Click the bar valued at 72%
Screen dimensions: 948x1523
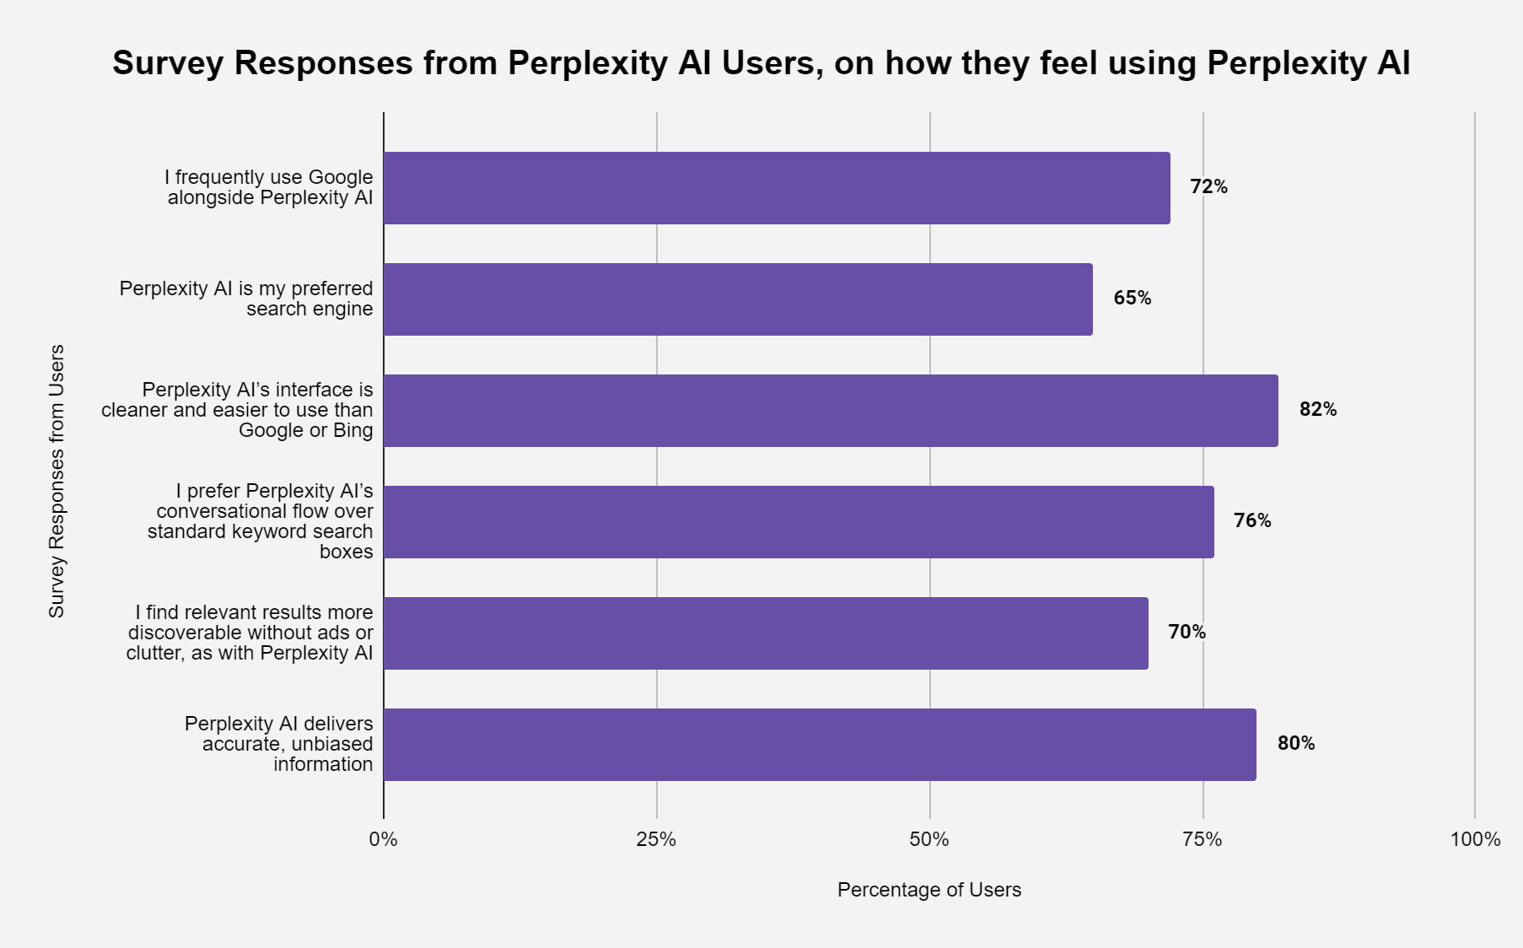776,188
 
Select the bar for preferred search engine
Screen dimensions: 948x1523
738,299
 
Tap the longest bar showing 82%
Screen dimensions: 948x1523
831,411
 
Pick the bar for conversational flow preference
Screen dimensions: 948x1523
799,522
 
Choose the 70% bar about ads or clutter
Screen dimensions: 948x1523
766,633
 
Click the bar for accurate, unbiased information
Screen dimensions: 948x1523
820,745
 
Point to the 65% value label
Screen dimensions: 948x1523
1132,299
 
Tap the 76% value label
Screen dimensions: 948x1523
1251,521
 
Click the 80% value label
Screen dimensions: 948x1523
1295,744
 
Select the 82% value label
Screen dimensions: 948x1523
1317,410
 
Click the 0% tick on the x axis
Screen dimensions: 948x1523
384,840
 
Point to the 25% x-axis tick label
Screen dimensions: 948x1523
656,840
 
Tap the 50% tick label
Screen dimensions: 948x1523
929,840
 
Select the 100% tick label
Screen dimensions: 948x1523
1475,840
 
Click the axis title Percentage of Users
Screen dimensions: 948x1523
928,890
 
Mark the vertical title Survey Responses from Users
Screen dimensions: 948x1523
57,481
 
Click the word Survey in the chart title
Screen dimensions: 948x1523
168,63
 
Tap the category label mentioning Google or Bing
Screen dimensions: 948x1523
237,410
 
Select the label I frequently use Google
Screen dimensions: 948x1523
268,177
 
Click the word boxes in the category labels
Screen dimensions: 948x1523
346,552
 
